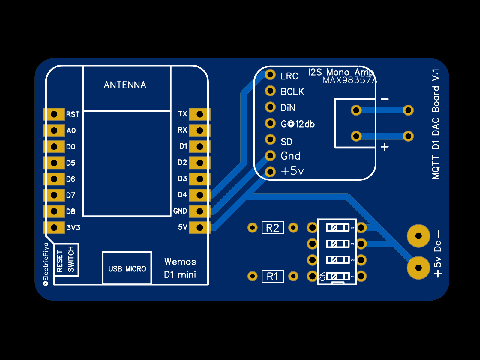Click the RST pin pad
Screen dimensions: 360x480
(x=54, y=114)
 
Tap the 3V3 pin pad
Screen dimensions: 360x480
(x=54, y=227)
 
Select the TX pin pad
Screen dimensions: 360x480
(x=200, y=114)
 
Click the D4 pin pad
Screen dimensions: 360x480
(x=200, y=195)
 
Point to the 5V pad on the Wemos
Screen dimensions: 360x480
(x=200, y=227)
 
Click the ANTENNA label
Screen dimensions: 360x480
(x=125, y=85)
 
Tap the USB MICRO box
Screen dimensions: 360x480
(x=127, y=268)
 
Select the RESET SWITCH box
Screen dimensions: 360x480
(x=66, y=259)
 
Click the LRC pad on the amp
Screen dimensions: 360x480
(x=270, y=74)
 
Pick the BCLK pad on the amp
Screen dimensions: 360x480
(x=270, y=90)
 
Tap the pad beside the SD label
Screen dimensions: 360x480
(x=270, y=139)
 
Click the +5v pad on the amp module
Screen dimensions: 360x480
(x=270, y=172)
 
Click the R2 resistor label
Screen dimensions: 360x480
(x=273, y=228)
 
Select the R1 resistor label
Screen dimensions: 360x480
(x=273, y=276)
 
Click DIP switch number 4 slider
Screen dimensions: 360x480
(x=337, y=228)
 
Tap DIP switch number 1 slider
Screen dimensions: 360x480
(x=337, y=276)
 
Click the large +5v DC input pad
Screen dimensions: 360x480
(x=418, y=268)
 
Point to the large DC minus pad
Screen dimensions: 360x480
(x=418, y=236)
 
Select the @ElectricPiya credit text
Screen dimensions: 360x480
(x=46, y=264)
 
